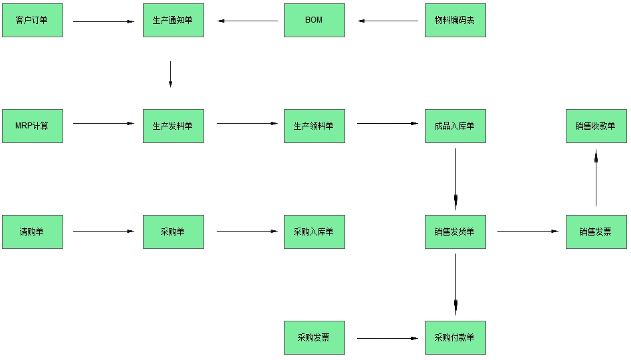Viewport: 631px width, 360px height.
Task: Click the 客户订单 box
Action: click(32, 20)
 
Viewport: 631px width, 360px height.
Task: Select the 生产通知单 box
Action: click(173, 20)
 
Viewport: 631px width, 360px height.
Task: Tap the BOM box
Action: click(314, 20)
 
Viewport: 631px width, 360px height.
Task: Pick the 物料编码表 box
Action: click(455, 20)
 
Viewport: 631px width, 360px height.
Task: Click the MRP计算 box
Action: click(32, 126)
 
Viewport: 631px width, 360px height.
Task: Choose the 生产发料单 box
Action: click(173, 126)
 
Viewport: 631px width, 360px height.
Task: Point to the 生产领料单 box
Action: click(314, 126)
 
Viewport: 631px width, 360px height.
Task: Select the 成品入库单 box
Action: click(455, 126)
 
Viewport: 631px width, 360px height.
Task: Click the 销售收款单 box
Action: click(596, 126)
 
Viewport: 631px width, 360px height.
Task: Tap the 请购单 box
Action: click(32, 232)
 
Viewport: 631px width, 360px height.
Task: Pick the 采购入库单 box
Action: click(314, 232)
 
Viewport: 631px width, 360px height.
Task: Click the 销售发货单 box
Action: click(455, 232)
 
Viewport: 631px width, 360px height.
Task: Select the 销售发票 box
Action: click(596, 232)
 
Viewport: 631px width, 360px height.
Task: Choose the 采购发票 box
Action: click(314, 337)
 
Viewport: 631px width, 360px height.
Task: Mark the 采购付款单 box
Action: click(455, 337)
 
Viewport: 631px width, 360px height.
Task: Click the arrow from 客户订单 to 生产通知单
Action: click(103, 21)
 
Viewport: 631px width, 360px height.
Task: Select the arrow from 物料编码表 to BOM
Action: click(389, 21)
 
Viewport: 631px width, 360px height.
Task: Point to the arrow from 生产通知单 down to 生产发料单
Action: click(170, 74)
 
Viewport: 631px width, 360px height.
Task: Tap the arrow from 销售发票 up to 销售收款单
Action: click(596, 178)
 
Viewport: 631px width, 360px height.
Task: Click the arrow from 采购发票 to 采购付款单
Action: click(388, 338)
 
